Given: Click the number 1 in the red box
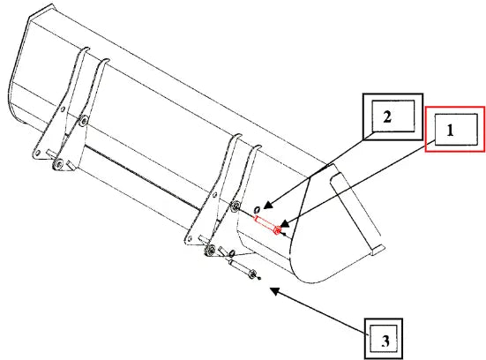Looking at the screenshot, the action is [450, 131].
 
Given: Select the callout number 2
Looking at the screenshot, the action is [387, 117].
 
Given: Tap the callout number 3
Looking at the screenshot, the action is [385, 341].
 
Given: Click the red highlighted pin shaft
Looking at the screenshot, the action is [264, 223].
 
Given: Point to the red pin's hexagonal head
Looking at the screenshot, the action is [278, 230].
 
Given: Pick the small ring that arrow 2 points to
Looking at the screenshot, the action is [257, 210].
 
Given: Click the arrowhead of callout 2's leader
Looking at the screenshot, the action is [268, 205].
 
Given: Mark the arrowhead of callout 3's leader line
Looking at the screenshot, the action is [274, 290].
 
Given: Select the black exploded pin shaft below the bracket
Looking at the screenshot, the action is [240, 266].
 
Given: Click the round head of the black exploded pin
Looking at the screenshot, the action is [252, 274].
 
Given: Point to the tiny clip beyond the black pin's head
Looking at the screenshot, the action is [259, 278].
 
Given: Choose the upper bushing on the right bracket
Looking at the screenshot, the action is [236, 206].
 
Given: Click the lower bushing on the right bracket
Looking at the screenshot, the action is [211, 250].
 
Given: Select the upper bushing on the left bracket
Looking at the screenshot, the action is [83, 121].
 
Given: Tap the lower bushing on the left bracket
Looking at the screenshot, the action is [58, 164].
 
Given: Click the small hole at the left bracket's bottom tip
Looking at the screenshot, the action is [38, 153].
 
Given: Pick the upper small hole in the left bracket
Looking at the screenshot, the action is [63, 109].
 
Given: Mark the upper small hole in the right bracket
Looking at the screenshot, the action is [214, 195].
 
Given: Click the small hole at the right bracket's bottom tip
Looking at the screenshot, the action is [189, 238].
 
